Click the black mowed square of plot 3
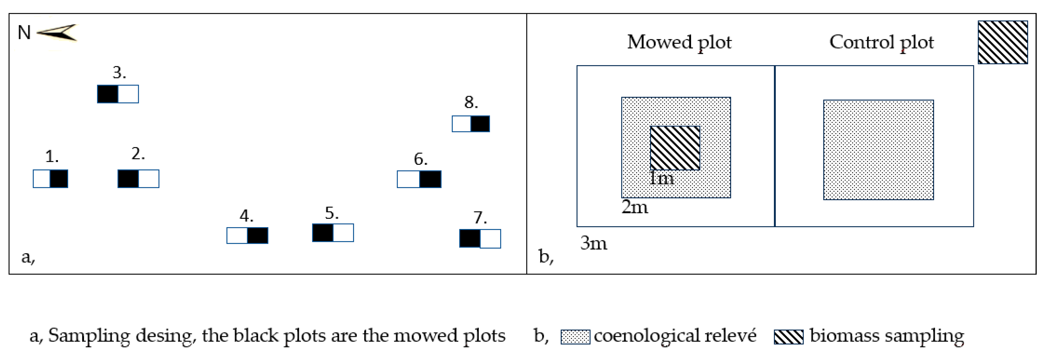(x=108, y=94)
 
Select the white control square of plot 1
(x=41, y=179)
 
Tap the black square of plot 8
(x=480, y=124)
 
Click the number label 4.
(x=246, y=216)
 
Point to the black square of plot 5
(x=323, y=233)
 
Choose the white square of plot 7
(x=490, y=239)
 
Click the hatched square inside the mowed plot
(x=675, y=148)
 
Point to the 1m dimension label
(x=661, y=178)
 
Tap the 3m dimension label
(x=594, y=243)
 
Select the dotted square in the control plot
(x=878, y=150)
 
